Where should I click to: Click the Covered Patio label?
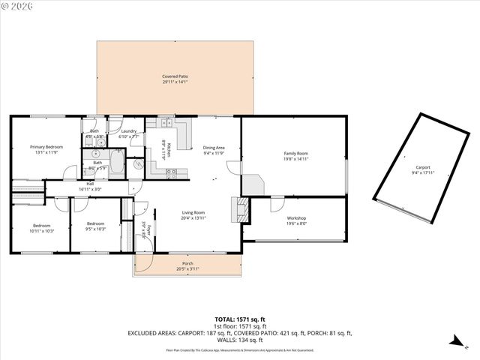pyautogui.click(x=175, y=76)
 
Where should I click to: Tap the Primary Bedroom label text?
pyautogui.click(x=46, y=147)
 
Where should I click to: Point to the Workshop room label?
pyautogui.click(x=296, y=218)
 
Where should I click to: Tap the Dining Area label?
pyautogui.click(x=214, y=148)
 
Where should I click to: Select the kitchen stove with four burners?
pyautogui.click(x=172, y=172)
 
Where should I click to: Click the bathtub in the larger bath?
pyautogui.click(x=117, y=163)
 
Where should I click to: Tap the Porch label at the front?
pyautogui.click(x=187, y=263)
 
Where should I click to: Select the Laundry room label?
pyautogui.click(x=128, y=131)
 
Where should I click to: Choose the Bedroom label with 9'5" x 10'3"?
pyautogui.click(x=95, y=223)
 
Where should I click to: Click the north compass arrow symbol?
pyautogui.click(x=455, y=341)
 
